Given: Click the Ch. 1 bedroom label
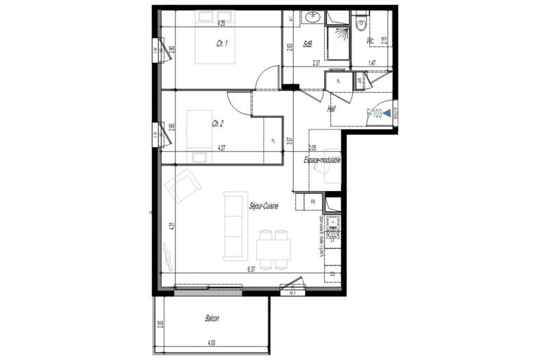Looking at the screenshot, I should [222, 43].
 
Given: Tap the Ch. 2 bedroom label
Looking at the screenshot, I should [218, 124].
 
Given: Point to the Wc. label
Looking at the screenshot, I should [371, 42].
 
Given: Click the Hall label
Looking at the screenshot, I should [332, 109].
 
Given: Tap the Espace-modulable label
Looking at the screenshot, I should [322, 159].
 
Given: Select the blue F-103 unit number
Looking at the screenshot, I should [374, 114].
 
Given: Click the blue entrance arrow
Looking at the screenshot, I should [388, 114].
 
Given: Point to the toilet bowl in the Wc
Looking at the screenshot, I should [362, 25].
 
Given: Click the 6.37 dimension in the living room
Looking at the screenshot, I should [251, 270].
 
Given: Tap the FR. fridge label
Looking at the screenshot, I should [312, 202].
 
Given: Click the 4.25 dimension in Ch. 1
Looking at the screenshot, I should [221, 23].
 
